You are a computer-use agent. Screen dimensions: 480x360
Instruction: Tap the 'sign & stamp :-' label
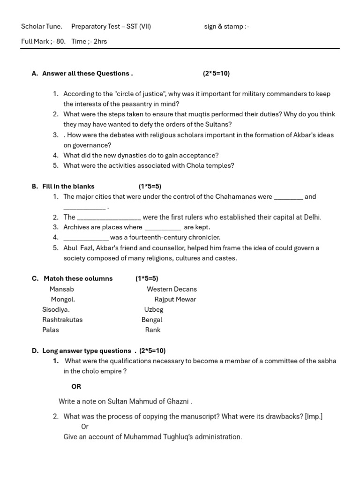226,27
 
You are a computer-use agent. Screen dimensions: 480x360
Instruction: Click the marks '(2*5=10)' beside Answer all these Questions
216,74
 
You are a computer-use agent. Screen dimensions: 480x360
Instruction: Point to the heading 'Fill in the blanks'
68,187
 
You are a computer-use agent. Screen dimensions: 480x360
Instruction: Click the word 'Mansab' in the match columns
61,289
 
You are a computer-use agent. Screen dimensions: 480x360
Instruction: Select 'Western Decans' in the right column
172,289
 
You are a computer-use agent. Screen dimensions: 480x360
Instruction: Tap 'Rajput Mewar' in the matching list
175,300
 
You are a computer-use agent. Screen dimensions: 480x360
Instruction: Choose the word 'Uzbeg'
154,310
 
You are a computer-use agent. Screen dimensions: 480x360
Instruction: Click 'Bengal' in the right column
152,320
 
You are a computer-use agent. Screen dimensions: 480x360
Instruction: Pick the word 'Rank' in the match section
153,330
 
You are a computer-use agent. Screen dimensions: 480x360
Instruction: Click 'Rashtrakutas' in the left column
62,320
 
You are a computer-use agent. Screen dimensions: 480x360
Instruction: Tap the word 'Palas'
51,330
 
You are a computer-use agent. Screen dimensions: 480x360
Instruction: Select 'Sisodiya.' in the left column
56,310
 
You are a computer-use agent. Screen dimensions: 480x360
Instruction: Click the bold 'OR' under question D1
76,387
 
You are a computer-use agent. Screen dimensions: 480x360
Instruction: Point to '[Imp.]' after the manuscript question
314,417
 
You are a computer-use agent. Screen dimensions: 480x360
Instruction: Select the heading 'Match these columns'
78,278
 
